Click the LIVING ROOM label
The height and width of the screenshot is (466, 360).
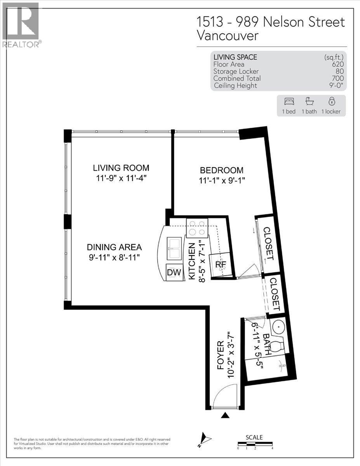pos(121,168)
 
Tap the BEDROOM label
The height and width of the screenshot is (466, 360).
pos(222,170)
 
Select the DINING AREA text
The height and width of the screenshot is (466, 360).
pos(114,247)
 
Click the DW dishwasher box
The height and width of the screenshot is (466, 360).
pos(174,272)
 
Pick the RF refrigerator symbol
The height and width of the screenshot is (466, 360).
pos(221,264)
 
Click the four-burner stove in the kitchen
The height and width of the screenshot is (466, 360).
pos(197,228)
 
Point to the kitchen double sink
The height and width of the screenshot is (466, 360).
pos(174,249)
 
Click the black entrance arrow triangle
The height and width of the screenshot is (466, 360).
pos(225,415)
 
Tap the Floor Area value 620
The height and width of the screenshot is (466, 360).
pos(338,64)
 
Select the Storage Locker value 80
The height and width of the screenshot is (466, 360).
pos(340,71)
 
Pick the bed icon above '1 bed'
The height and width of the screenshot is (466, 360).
pos(289,101)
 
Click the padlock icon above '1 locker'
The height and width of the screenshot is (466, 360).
pos(332,101)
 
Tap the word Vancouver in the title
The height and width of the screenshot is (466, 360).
pos(228,36)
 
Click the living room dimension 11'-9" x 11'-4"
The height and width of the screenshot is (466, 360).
pos(121,178)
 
